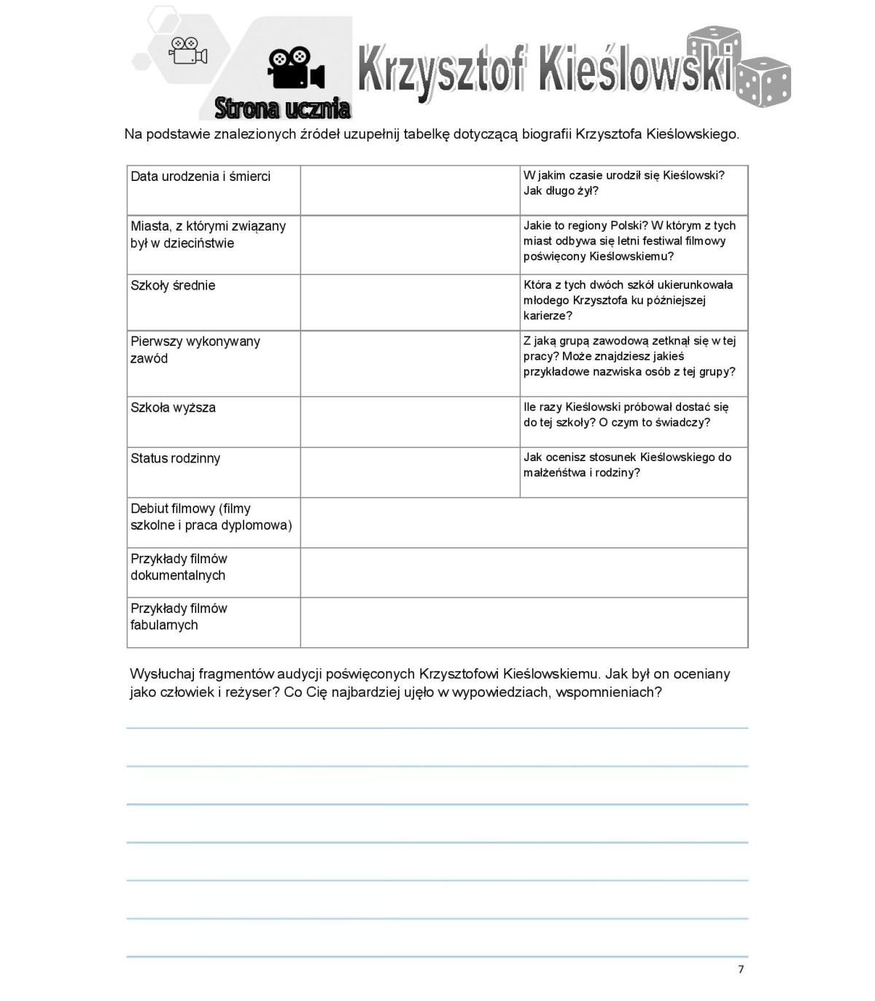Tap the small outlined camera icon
[x=188, y=50]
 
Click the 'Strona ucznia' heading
[x=282, y=108]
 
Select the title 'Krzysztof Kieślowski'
[x=544, y=70]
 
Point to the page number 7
[x=741, y=969]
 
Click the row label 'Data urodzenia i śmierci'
[x=201, y=177]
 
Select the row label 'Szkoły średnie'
[x=173, y=285]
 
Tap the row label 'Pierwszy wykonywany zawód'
[x=195, y=349]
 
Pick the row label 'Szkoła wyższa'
[x=173, y=407]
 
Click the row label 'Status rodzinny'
[x=175, y=458]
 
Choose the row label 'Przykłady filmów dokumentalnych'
[x=179, y=567]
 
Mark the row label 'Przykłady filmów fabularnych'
[x=179, y=617]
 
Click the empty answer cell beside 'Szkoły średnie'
[x=410, y=302]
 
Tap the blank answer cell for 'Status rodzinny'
[x=410, y=472]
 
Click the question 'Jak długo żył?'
[x=561, y=191]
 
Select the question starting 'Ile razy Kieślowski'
[x=626, y=414]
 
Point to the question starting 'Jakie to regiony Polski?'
[x=629, y=241]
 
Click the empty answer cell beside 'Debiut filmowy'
[x=524, y=522]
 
